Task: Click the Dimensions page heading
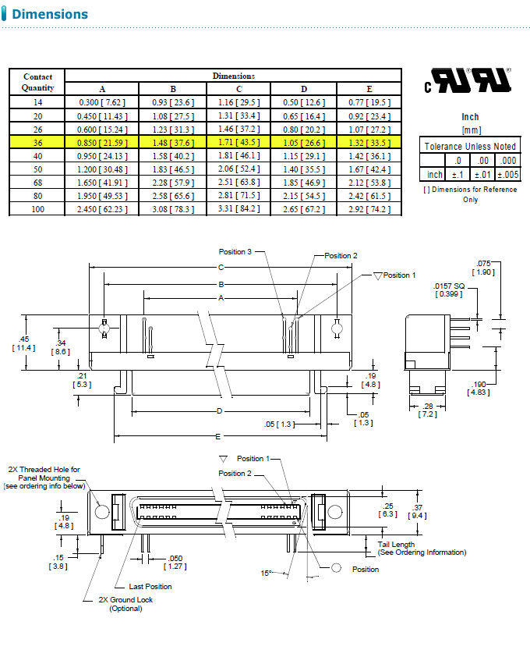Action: click(x=50, y=14)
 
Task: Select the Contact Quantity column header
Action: click(x=37, y=82)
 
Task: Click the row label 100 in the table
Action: click(x=37, y=209)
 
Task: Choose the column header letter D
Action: click(x=304, y=89)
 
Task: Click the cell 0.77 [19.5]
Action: click(x=369, y=102)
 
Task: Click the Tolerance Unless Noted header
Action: click(x=470, y=146)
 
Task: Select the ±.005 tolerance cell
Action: click(x=507, y=175)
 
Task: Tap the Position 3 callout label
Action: click(x=235, y=252)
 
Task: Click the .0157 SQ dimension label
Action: click(x=449, y=289)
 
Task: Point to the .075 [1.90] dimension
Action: click(x=484, y=268)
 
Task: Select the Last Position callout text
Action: click(x=150, y=586)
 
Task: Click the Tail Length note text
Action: click(x=422, y=548)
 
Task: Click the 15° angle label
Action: click(x=265, y=573)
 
